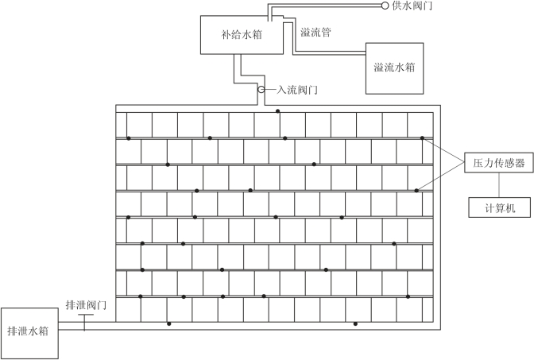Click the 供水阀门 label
[x=412, y=6]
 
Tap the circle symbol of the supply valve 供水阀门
[x=385, y=6]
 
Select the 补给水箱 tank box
[x=242, y=35]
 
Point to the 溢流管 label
[x=315, y=33]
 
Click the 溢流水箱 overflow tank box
[x=394, y=68]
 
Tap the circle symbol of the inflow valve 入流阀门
[x=261, y=89]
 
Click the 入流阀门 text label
[x=296, y=90]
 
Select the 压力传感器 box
[x=498, y=163]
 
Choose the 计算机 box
[x=499, y=207]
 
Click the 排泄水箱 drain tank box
[x=29, y=333]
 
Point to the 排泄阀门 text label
[x=86, y=305]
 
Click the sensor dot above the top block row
[x=278, y=111]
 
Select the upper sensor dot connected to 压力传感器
[x=422, y=138]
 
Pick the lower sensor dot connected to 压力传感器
[x=416, y=191]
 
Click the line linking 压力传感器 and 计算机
[x=499, y=185]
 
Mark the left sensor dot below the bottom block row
[x=169, y=323]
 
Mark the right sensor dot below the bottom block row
[x=355, y=323]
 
